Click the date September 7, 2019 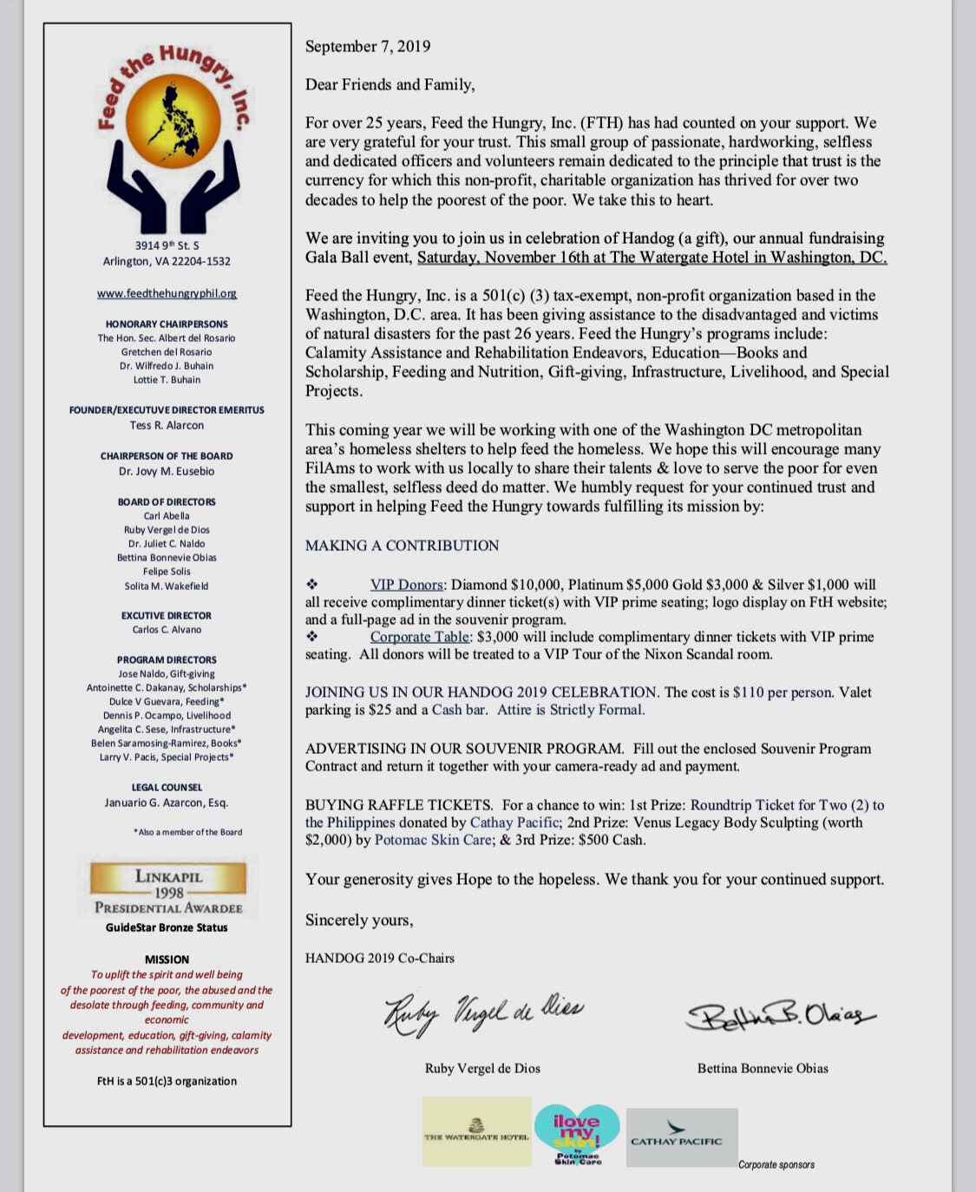tap(367, 47)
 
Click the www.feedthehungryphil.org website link tap(167, 294)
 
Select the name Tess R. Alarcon tap(167, 426)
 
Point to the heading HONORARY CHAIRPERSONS tap(167, 324)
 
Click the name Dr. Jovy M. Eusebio tap(167, 472)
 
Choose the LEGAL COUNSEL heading tap(167, 788)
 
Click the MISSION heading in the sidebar tap(167, 959)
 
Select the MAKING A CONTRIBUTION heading tap(402, 546)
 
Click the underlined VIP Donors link tap(407, 586)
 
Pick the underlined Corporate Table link tap(419, 638)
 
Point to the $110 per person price tap(783, 693)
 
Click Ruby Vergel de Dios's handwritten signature tap(483, 1012)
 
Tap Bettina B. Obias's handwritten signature tap(778, 1015)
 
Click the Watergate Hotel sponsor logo tap(476, 1131)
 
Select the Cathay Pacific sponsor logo tap(681, 1136)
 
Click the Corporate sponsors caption tap(776, 1165)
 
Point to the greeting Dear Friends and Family tap(390, 85)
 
